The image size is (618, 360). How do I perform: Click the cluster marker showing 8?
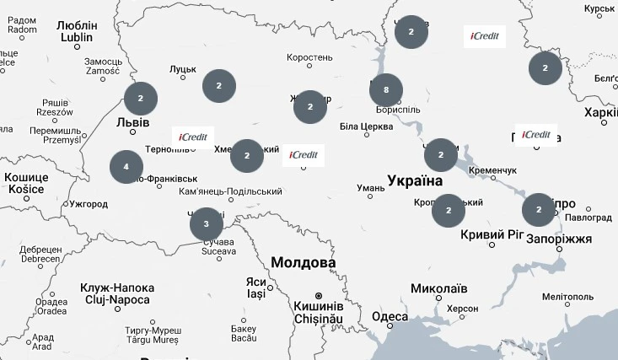[x=386, y=90]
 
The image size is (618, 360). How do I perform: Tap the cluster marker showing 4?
[x=126, y=167]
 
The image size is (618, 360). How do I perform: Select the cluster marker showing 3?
[x=207, y=224]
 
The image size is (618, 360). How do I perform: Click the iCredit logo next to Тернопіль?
[x=193, y=137]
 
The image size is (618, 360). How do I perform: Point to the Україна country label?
[x=415, y=180]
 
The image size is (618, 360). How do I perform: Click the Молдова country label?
[x=303, y=263]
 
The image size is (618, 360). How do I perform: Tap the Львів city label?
[x=132, y=123]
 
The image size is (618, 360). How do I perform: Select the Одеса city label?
[x=390, y=317]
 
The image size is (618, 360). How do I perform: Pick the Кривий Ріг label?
[x=493, y=234]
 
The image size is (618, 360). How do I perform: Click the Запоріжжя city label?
[x=559, y=239]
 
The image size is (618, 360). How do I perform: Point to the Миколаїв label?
[x=438, y=288]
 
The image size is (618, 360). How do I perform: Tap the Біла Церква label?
[x=366, y=127]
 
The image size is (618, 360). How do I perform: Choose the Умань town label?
[x=371, y=187]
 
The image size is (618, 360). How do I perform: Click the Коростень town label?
[x=309, y=58]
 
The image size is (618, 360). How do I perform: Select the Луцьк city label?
[x=182, y=69]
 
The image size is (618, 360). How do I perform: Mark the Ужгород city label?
[x=89, y=204]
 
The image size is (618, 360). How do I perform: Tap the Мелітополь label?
[x=568, y=297]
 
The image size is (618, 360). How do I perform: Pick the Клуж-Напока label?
[x=116, y=287]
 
